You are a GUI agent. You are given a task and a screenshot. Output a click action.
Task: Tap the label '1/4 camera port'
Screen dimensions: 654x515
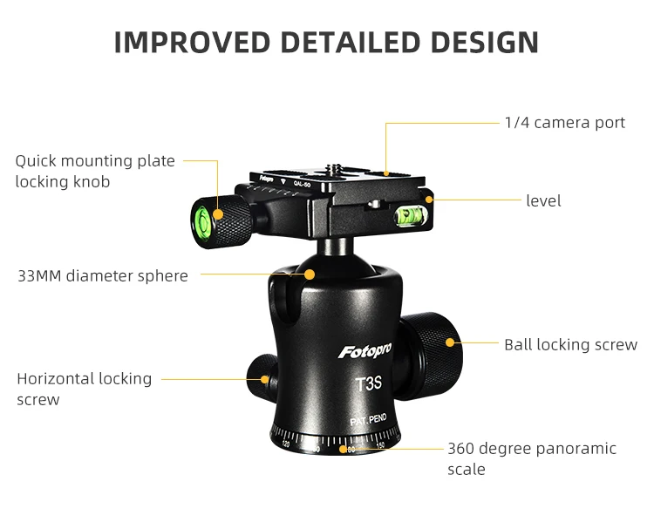pyautogui.click(x=564, y=123)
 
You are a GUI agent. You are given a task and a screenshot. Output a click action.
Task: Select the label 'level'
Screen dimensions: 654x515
pyautogui.click(x=543, y=201)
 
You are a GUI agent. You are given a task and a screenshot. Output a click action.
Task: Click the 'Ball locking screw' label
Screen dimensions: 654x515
pyautogui.click(x=570, y=345)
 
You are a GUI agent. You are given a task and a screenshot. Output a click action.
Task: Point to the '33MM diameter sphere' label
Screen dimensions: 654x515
pyautogui.click(x=103, y=276)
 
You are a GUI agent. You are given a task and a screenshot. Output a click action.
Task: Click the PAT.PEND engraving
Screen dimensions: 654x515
pyautogui.click(x=368, y=420)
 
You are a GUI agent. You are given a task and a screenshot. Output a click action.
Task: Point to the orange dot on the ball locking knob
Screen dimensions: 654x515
pyautogui.click(x=450, y=342)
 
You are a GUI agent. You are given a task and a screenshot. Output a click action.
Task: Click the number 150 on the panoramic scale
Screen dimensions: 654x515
pyautogui.click(x=379, y=446)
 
